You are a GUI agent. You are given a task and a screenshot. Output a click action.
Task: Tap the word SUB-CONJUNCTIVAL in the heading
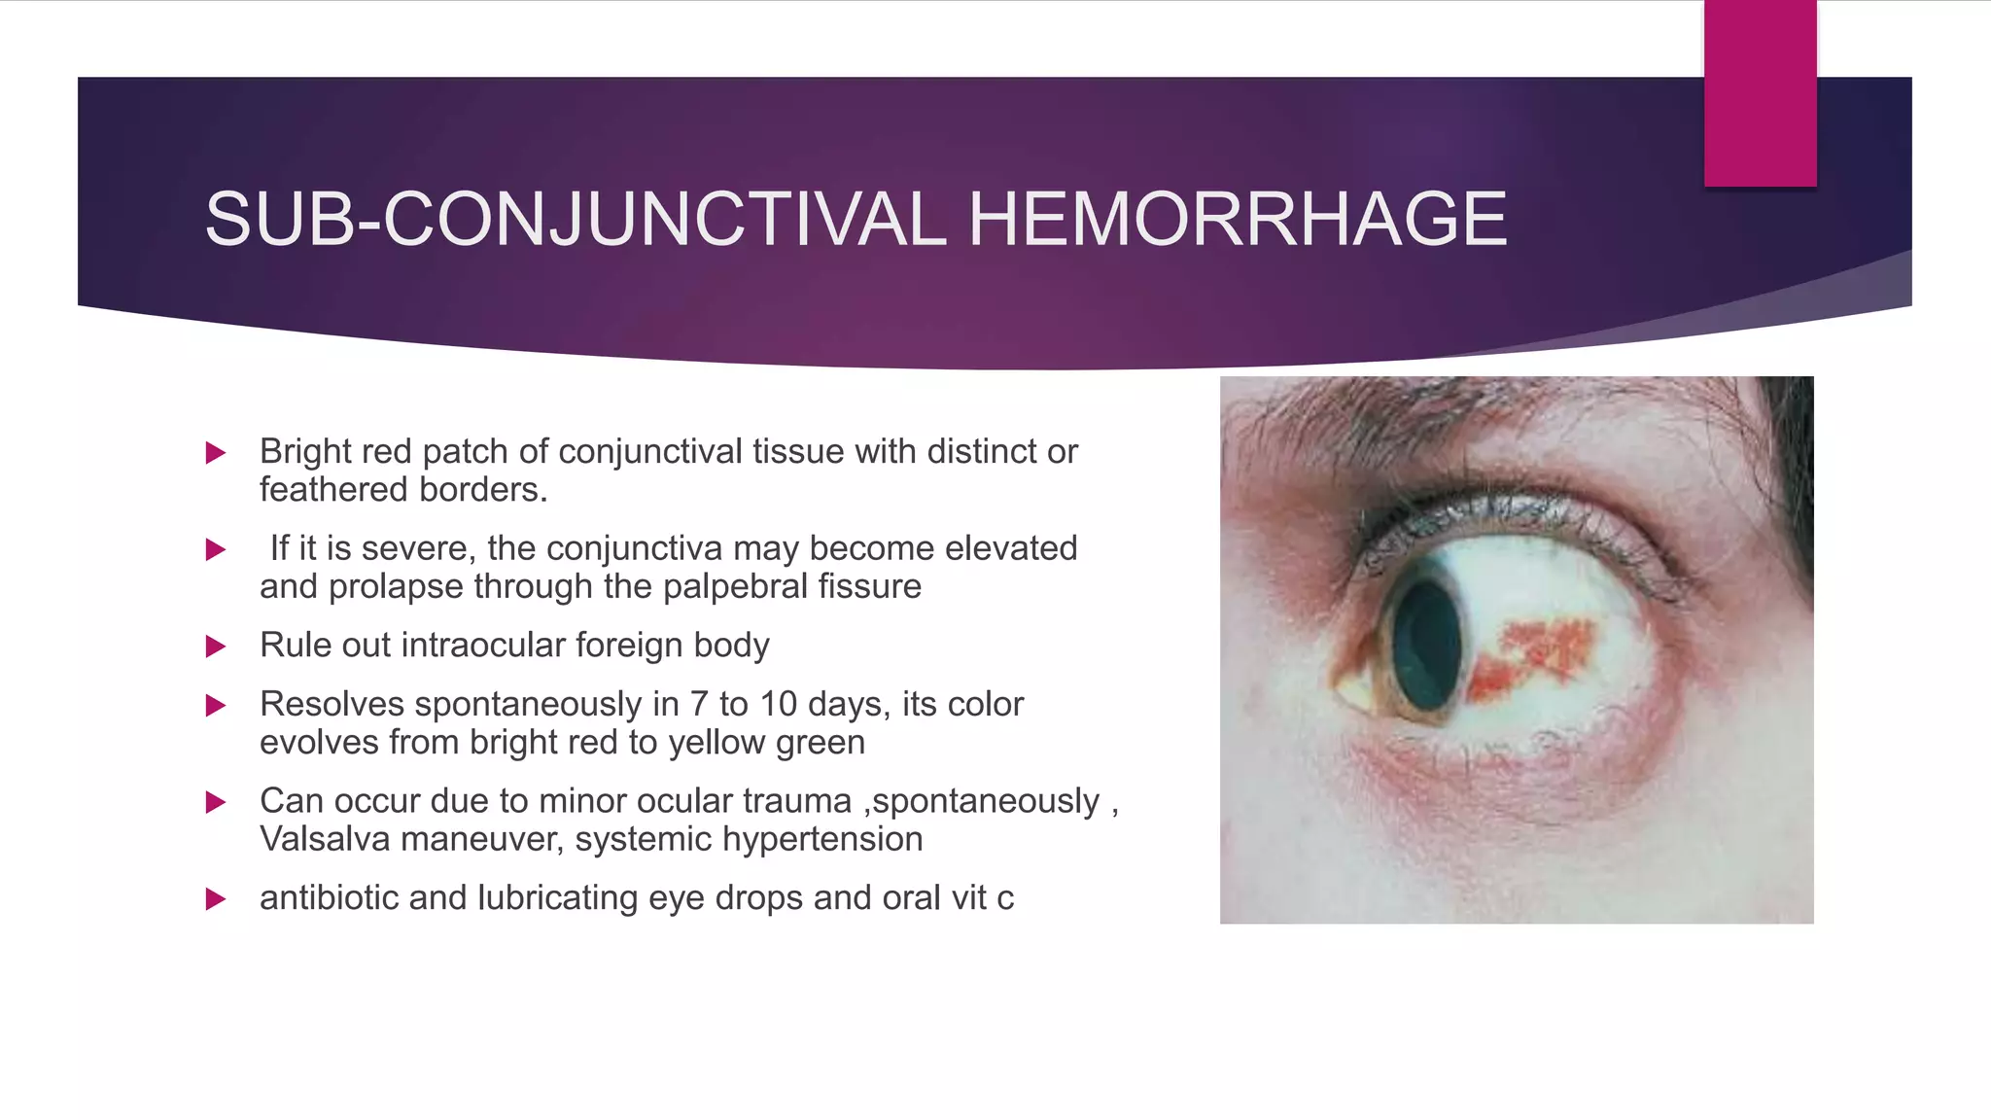click(576, 220)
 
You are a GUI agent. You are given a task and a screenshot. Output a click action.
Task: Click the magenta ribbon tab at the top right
click(1760, 92)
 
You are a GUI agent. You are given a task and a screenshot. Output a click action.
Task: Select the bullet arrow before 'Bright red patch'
click(216, 453)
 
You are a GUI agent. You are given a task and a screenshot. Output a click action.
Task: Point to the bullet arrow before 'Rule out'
click(216, 647)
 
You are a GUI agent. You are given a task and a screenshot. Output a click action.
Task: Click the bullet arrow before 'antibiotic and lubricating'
click(216, 899)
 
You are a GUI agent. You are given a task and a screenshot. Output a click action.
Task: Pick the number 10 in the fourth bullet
click(778, 704)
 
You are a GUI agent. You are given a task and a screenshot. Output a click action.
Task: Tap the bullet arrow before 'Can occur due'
click(216, 802)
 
